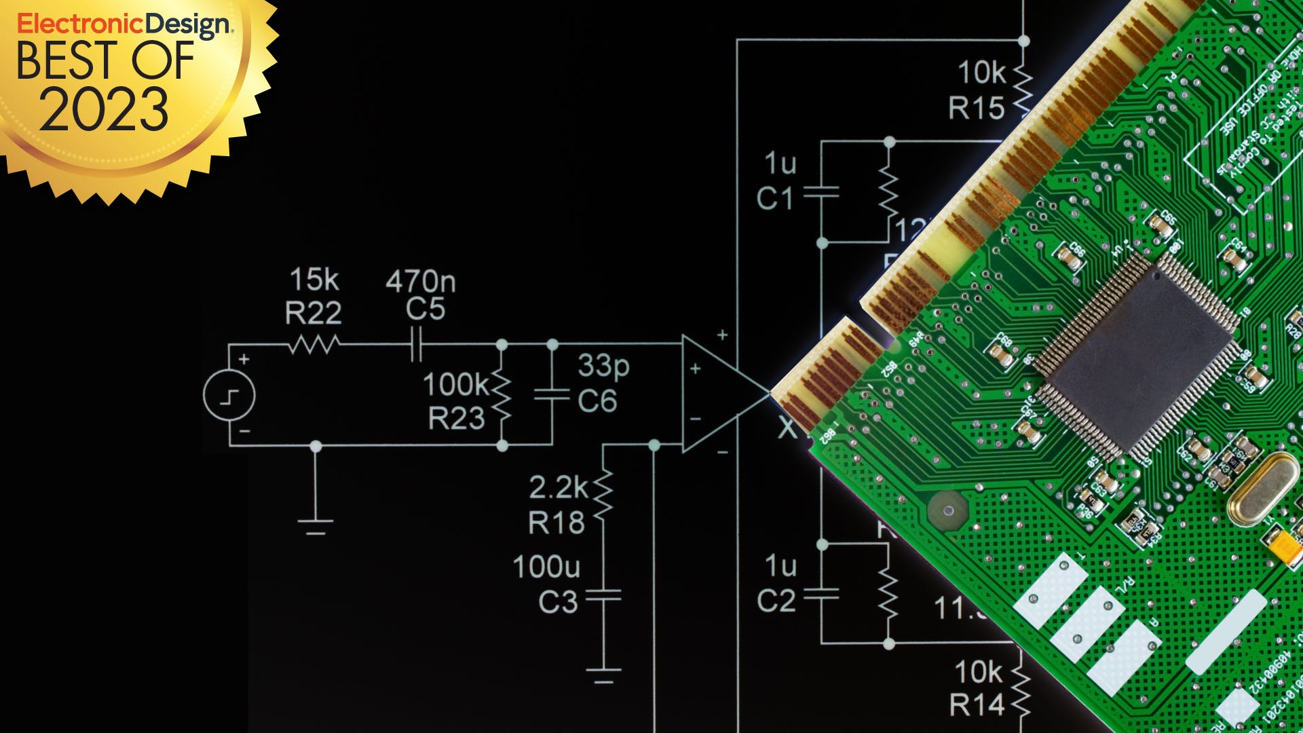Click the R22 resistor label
pyautogui.click(x=313, y=314)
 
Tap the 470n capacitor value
pyautogui.click(x=421, y=281)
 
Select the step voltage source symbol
pyautogui.click(x=229, y=396)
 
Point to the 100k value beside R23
pyautogui.click(x=455, y=385)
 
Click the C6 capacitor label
pyautogui.click(x=597, y=401)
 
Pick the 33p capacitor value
pyautogui.click(x=603, y=366)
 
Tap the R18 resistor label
pyautogui.click(x=556, y=523)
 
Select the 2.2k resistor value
pyautogui.click(x=559, y=487)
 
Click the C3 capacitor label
pyautogui.click(x=558, y=602)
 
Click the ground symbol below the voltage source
pyautogui.click(x=316, y=525)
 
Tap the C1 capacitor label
pyautogui.click(x=775, y=199)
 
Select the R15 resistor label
pyautogui.click(x=976, y=108)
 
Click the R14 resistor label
pyautogui.click(x=977, y=705)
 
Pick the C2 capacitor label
pyautogui.click(x=776, y=601)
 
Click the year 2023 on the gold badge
pyautogui.click(x=103, y=109)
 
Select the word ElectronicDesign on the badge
pyautogui.click(x=124, y=24)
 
